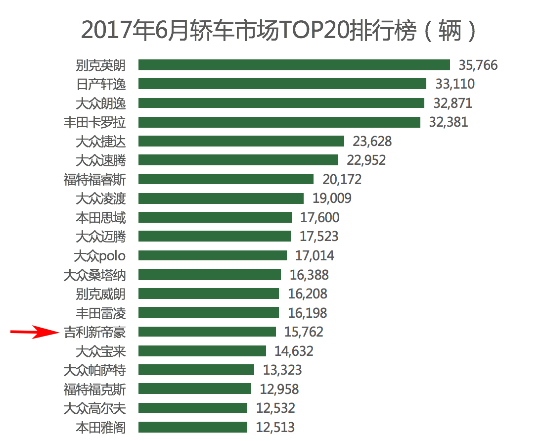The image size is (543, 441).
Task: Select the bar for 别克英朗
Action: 294,65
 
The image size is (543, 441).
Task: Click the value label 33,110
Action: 454,84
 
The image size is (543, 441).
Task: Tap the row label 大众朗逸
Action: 101,103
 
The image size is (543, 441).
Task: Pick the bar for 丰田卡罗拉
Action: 279,122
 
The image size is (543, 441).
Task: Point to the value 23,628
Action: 372,141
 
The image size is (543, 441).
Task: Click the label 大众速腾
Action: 101,160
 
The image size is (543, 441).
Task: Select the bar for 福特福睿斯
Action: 226,179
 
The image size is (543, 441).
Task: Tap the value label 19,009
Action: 332,198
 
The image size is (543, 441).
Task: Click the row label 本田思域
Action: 101,217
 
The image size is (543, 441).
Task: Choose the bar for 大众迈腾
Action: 215,236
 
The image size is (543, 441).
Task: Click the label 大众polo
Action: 99,255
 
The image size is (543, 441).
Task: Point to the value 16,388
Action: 309,275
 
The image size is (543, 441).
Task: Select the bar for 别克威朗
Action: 208,294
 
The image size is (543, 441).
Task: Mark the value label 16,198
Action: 307,313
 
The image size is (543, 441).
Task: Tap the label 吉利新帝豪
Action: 94,332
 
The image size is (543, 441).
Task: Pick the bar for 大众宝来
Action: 202,351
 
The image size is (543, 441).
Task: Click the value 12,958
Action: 279,389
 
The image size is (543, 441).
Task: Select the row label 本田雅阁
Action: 101,427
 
